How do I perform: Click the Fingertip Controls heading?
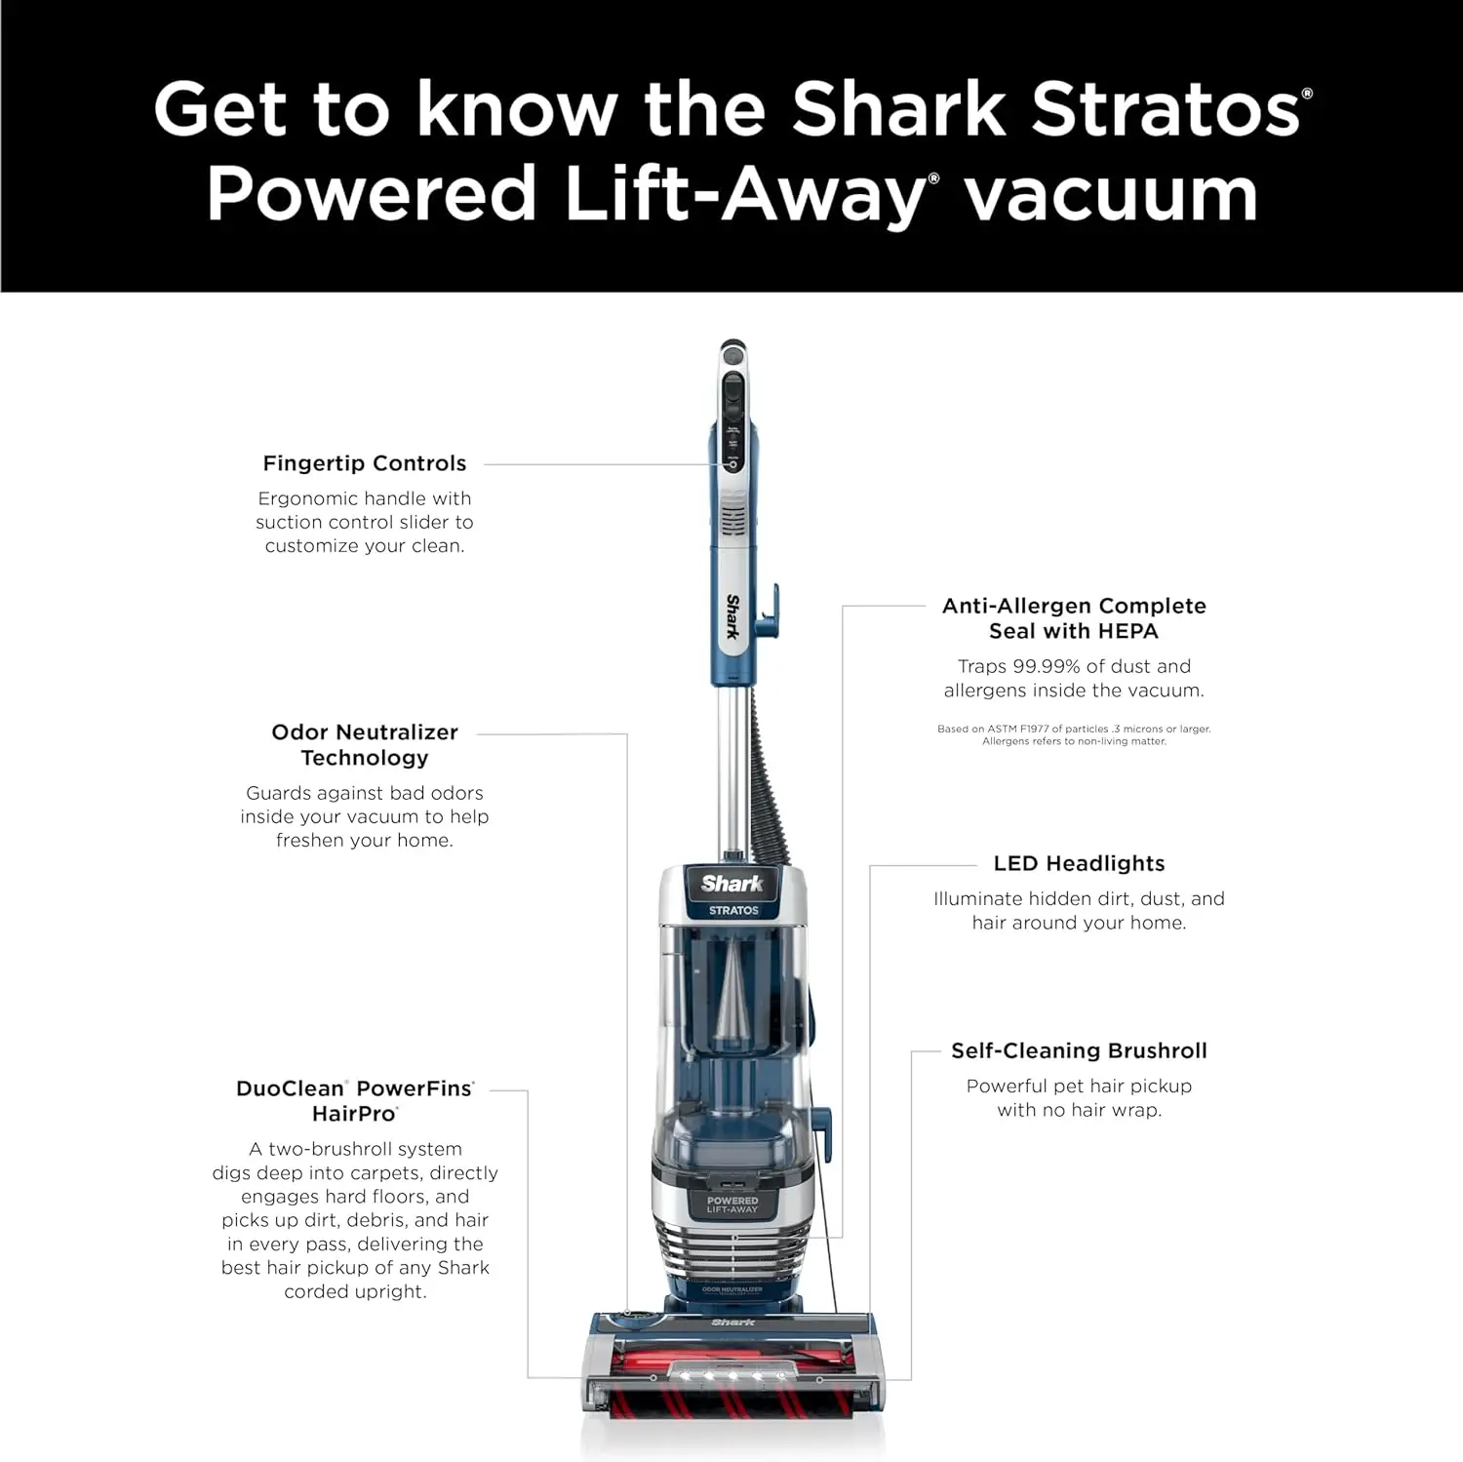coord(364,463)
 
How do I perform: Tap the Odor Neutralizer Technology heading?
coord(364,744)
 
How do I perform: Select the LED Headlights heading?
coord(1079,863)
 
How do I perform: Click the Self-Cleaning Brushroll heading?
coord(1079,1050)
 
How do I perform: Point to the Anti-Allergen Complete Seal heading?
coord(1074,617)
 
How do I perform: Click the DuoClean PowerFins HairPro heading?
coord(355,1100)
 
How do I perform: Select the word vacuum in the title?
coord(1111,194)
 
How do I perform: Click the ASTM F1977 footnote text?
coord(1074,734)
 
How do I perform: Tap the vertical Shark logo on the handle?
coord(732,616)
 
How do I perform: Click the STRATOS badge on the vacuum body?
coord(733,910)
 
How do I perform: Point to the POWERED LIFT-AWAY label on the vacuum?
coord(732,1205)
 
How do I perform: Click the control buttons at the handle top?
coord(732,400)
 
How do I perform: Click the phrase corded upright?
coord(355,1291)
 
